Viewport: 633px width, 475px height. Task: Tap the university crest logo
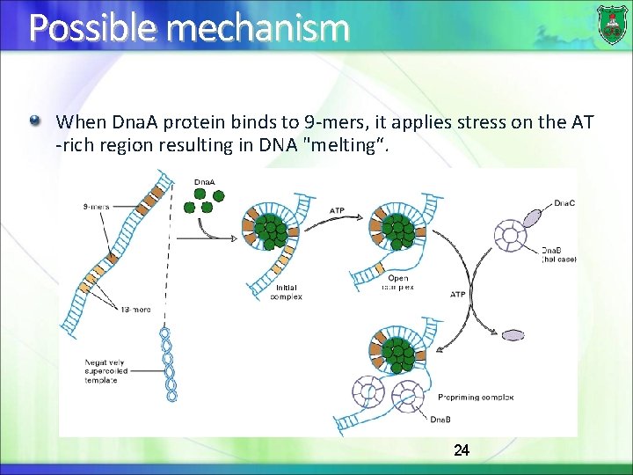point(612,25)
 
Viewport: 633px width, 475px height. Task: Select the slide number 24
point(462,450)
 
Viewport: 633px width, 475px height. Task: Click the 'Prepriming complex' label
point(475,398)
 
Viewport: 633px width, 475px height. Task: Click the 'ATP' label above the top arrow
point(337,211)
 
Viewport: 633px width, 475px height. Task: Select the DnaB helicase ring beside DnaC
point(511,236)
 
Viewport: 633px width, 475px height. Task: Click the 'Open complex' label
point(398,282)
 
